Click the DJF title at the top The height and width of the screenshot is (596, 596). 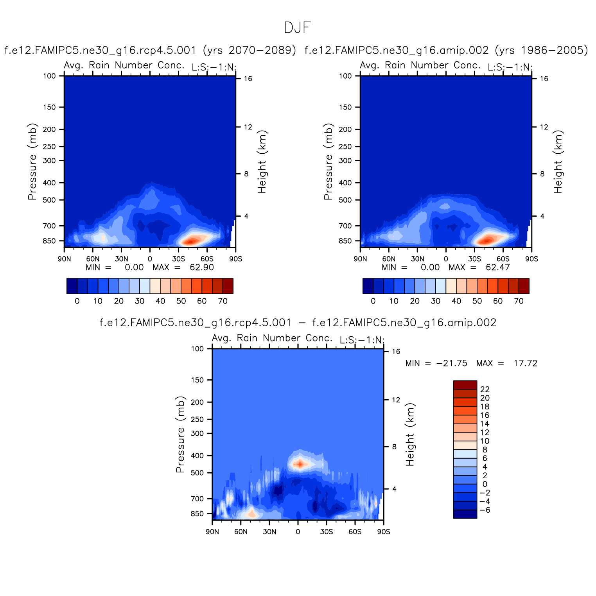[297, 28]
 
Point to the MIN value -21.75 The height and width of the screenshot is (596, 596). [452, 363]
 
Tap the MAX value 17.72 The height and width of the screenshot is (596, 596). [525, 363]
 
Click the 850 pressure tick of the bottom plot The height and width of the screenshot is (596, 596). [197, 513]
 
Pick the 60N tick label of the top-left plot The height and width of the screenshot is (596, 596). [93, 259]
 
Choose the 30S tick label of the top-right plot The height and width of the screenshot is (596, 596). [474, 259]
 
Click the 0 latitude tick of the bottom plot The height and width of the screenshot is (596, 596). [298, 532]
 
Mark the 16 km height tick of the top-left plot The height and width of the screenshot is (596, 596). [248, 79]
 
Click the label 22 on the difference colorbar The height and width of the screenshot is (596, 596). [485, 389]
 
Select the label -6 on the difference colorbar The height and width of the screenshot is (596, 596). [485, 510]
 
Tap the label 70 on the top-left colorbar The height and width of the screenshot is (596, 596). [223, 301]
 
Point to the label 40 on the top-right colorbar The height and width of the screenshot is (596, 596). [456, 301]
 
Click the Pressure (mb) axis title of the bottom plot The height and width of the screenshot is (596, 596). [180, 434]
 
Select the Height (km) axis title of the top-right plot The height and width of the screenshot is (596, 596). [558, 162]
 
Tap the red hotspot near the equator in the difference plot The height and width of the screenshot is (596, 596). [300, 464]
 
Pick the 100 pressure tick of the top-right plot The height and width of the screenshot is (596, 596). [346, 76]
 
